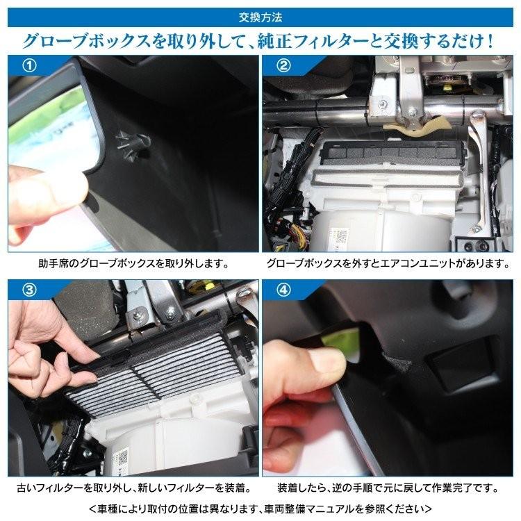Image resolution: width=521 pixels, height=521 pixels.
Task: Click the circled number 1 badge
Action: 28,67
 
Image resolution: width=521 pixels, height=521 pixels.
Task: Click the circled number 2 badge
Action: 283,67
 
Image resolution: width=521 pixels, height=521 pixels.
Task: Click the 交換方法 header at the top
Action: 260,13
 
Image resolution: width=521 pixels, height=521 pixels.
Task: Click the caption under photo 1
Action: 133,265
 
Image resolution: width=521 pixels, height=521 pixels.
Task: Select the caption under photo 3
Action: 133,487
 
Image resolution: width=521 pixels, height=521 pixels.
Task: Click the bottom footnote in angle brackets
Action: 260,507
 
